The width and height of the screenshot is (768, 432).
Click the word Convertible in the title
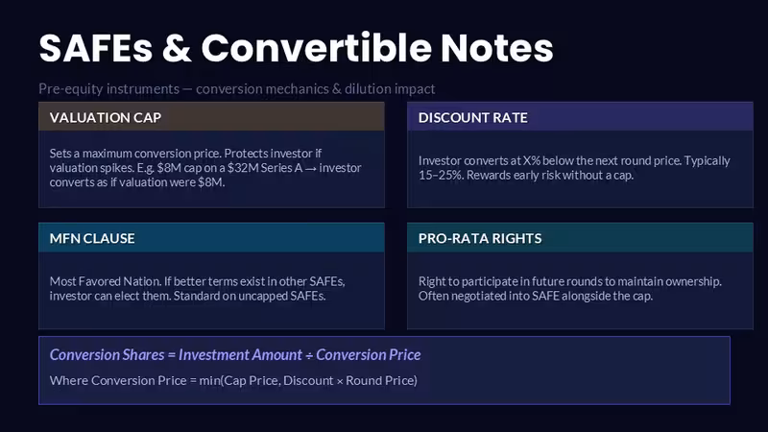pos(316,48)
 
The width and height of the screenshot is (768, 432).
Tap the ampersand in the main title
pos(177,48)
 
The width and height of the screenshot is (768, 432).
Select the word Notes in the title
pos(496,48)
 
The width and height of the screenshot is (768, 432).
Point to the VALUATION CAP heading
pos(106,117)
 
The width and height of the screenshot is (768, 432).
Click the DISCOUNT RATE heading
pos(473,117)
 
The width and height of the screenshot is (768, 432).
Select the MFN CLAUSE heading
pos(92,238)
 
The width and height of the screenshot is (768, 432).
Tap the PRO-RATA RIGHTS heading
pos(480,238)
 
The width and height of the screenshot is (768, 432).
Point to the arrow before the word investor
pos(310,169)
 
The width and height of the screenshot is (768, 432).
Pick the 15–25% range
pos(441,176)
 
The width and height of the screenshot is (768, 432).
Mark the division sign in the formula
pos(309,355)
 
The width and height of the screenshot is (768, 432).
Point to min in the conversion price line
pos(210,380)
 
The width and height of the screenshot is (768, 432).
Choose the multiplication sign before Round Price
pos(340,381)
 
